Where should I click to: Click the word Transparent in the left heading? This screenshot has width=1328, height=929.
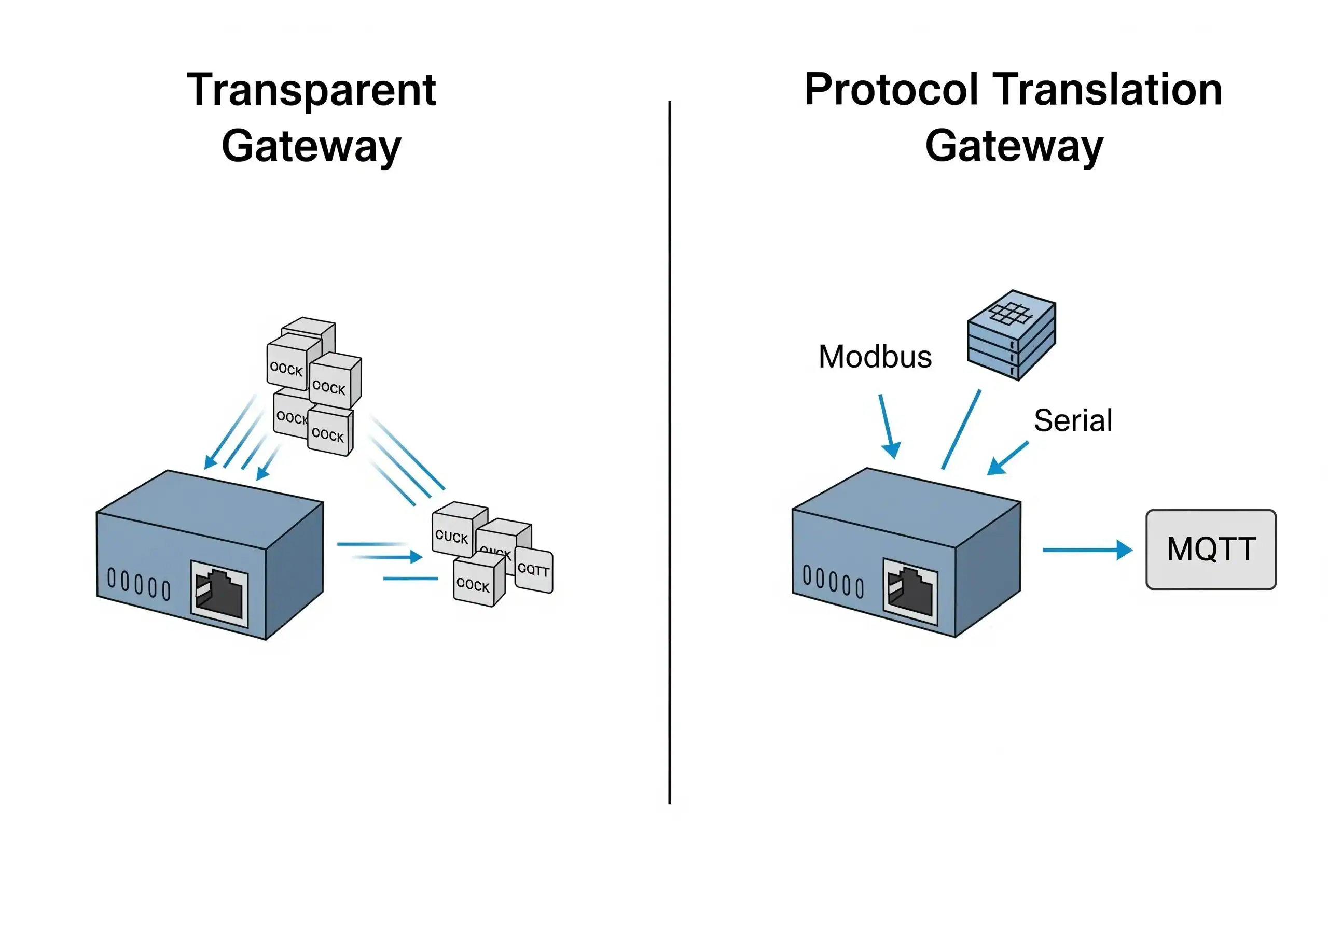311,91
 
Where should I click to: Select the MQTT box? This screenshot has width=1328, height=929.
1211,549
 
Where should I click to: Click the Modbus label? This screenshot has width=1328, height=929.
875,357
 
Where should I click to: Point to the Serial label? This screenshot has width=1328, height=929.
1073,420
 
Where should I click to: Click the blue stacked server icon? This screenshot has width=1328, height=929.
1011,335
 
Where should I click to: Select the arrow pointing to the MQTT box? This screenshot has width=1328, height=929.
1086,550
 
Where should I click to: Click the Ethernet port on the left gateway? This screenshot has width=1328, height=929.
220,593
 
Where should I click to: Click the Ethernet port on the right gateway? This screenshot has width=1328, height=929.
910,592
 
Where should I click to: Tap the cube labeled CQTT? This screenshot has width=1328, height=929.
533,570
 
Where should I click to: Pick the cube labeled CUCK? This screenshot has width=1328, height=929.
452,536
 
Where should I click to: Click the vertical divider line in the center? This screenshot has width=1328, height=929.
669,451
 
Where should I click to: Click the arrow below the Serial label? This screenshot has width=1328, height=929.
1007,459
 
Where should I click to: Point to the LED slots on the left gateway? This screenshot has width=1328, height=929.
139,584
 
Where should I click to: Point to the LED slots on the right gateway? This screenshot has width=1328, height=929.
833,581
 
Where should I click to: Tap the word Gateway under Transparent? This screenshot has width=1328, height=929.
311,147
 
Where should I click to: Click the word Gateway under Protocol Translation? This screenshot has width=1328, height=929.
1014,147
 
